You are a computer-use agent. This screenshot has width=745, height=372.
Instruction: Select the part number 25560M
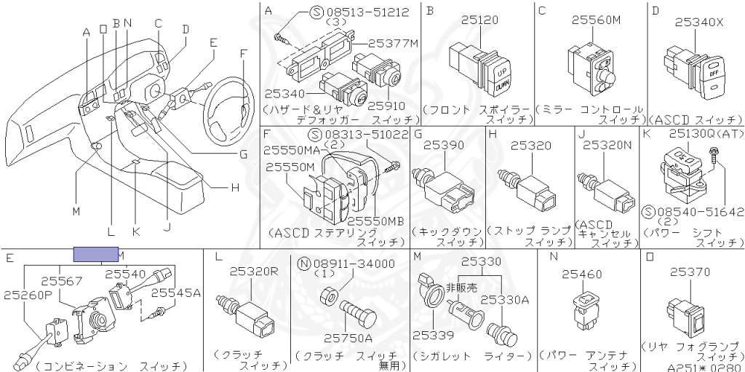click(596, 21)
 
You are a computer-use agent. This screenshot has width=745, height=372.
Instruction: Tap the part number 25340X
click(698, 22)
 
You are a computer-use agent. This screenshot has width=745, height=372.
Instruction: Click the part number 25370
click(690, 271)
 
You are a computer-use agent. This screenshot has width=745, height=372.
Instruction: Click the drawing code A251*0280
click(705, 367)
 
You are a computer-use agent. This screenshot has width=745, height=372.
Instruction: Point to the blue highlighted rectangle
click(96, 254)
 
